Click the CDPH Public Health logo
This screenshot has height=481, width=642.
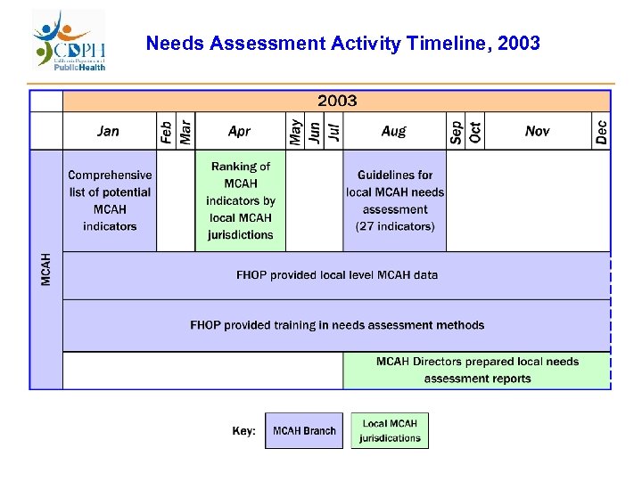point(70,42)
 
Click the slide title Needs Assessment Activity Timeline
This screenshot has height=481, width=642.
point(342,43)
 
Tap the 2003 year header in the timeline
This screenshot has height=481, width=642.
point(337,101)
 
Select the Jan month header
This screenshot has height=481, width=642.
point(108,131)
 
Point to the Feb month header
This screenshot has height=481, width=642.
point(166,131)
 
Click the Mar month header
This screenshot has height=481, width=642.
point(185,131)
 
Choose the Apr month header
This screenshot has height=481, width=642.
point(239,131)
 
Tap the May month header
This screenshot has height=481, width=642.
point(295,131)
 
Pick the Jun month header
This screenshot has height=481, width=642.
point(314,131)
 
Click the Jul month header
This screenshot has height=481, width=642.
point(333,131)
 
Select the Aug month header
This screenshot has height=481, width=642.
point(393,131)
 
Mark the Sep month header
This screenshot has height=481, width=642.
point(456,131)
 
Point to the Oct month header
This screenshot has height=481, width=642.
point(475,131)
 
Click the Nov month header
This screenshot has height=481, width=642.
point(538,131)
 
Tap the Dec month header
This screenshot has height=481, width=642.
point(602,131)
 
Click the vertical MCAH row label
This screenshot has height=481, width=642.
point(46,269)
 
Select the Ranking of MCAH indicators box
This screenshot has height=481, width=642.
point(241,200)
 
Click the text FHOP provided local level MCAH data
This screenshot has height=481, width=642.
point(337,275)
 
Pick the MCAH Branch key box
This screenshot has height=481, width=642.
point(304,431)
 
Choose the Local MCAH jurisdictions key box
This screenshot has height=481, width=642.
point(390,430)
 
